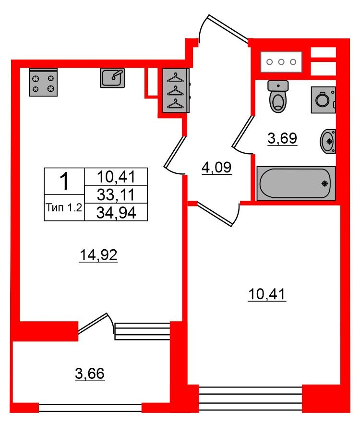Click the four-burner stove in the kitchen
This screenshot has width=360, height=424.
[x=43, y=83]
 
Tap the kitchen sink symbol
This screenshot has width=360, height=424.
[x=112, y=78]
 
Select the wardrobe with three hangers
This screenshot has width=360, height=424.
[x=176, y=91]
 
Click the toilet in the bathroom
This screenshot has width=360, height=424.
[x=278, y=97]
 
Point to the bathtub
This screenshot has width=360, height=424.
[x=296, y=183]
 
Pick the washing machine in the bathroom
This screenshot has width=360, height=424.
[x=323, y=100]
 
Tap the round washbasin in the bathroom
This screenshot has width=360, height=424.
[x=328, y=142]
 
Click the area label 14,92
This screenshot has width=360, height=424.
[x=99, y=255]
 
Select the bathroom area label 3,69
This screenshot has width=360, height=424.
[x=282, y=138]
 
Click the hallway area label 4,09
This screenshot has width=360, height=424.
[x=216, y=168]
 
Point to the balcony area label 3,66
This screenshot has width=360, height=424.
[x=90, y=374]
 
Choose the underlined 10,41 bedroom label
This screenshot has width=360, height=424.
[x=267, y=294]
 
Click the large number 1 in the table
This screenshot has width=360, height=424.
[x=65, y=182]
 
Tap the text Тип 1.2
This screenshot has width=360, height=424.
[x=64, y=207]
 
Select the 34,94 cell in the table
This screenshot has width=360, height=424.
[x=116, y=213]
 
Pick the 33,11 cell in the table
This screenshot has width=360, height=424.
[x=116, y=194]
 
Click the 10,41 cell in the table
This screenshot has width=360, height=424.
[x=116, y=177]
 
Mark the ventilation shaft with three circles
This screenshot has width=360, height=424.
[x=281, y=62]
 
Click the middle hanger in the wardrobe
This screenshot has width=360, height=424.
[x=175, y=91]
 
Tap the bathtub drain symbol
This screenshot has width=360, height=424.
[x=324, y=183]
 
